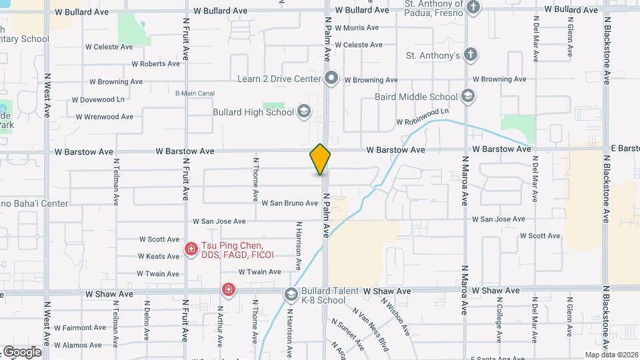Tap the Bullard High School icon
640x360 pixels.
[305, 111]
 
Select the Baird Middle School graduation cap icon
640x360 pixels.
[469, 97]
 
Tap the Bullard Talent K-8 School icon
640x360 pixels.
[291, 294]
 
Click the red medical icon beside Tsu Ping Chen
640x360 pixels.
[191, 250]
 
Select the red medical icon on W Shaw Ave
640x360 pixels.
[229, 290]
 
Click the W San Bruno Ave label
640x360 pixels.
[289, 203]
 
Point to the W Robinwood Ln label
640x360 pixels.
[422, 122]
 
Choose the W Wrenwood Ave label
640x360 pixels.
[105, 117]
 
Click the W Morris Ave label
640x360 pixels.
[357, 28]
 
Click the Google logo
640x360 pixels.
[21, 352]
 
